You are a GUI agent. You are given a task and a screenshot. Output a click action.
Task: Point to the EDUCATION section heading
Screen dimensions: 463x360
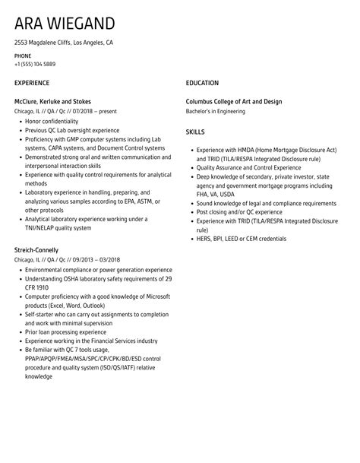click(x=202, y=83)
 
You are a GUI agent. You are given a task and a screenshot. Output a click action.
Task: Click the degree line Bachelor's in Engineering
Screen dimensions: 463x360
click(x=216, y=111)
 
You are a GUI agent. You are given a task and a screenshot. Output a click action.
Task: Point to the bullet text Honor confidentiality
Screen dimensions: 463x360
click(x=52, y=121)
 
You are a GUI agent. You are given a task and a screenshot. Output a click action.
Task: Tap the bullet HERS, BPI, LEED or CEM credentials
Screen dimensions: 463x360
click(x=241, y=239)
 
